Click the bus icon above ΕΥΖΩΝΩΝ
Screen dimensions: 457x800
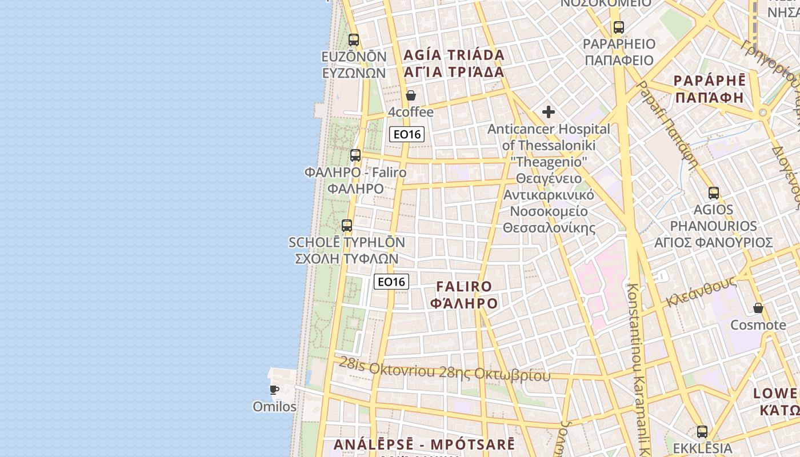[x=354, y=39]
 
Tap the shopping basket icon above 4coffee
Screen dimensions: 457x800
[x=410, y=95]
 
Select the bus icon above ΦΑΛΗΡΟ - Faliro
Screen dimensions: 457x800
[x=355, y=155]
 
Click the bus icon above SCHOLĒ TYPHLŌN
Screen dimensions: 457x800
[x=346, y=225]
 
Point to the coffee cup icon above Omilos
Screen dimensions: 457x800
[x=274, y=390]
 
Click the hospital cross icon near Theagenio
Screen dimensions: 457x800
[x=549, y=111]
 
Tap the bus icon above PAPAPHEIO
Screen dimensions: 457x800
[x=618, y=27]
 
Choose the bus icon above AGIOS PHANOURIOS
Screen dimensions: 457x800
[x=713, y=193]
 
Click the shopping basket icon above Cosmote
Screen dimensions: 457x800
[x=758, y=308]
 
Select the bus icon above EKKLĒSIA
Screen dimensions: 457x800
[x=702, y=431]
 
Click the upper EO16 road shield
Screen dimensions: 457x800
[x=407, y=134]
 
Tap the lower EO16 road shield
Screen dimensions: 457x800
[x=391, y=281]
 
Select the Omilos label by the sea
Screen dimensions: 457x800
[x=274, y=407]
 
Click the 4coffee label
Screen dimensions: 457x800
[x=410, y=112]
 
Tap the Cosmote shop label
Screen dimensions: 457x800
[x=758, y=325]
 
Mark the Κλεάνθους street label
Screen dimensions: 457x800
[x=701, y=292]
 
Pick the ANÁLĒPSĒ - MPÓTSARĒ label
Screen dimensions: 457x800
[x=424, y=444]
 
